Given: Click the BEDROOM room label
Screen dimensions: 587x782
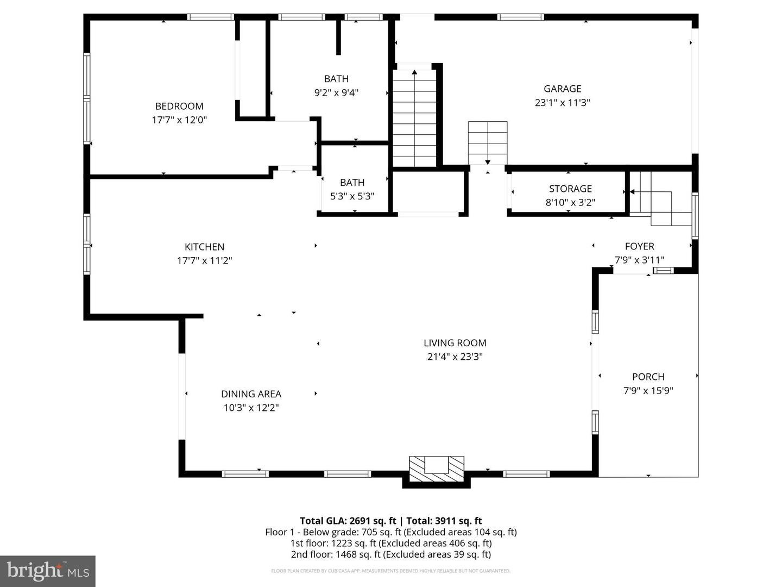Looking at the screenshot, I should click(179, 106).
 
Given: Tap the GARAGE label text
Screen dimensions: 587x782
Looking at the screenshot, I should click(562, 89).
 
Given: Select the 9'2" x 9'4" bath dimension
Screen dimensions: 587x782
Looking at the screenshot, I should click(336, 93).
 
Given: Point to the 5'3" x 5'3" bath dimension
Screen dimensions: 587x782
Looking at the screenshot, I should click(352, 196).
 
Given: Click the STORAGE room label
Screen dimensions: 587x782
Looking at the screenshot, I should click(570, 189).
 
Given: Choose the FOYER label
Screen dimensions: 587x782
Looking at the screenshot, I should click(639, 246).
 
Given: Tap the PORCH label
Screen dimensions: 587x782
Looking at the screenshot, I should click(648, 377).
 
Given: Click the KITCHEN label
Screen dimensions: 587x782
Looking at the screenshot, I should click(204, 247).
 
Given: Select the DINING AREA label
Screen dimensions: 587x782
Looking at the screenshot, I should click(251, 394).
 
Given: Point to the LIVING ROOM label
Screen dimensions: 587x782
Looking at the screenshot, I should click(455, 343).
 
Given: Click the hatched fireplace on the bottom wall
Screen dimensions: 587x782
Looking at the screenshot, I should click(436, 470).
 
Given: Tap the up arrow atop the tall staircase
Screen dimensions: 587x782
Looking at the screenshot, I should click(414, 72).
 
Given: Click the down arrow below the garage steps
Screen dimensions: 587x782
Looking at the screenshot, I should click(488, 161).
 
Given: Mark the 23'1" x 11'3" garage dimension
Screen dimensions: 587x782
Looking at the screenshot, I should click(562, 103).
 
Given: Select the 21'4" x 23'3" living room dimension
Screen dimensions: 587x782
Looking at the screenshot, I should click(455, 357).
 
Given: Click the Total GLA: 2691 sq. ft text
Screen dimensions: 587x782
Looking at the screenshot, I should click(348, 521).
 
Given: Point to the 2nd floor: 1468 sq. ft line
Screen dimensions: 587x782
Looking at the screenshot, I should click(390, 554).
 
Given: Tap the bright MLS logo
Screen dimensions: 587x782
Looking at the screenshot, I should click(47, 571).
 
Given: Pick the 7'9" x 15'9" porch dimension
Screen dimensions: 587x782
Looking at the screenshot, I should click(648, 390).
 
